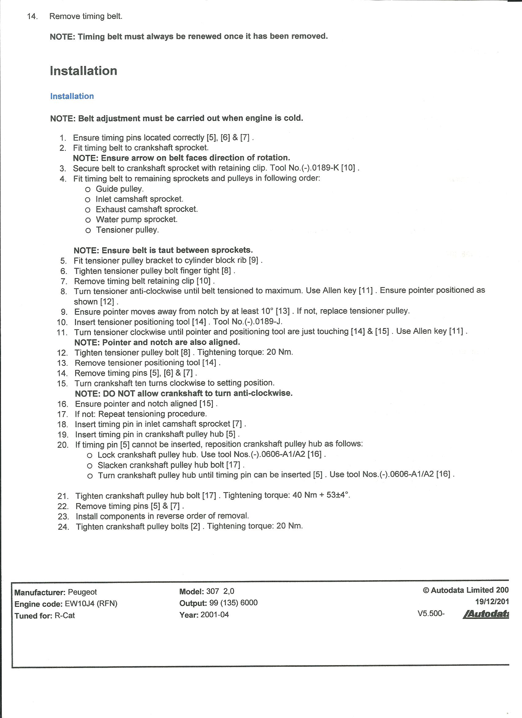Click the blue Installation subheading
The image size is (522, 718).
(x=72, y=96)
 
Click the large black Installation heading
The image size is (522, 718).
(x=84, y=71)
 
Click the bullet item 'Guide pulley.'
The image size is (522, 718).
(x=120, y=189)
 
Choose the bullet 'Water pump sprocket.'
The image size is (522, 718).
(x=136, y=219)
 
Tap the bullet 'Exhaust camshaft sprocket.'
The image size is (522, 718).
(x=146, y=209)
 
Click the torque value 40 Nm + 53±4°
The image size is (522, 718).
(x=321, y=495)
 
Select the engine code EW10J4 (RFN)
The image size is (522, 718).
(x=91, y=604)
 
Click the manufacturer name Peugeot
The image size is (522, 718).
(x=82, y=592)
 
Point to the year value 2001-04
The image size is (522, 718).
(x=214, y=615)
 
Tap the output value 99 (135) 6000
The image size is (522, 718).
(x=233, y=603)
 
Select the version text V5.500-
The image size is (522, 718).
(x=431, y=614)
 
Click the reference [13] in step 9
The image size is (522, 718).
(x=283, y=311)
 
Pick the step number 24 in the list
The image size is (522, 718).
(x=63, y=527)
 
